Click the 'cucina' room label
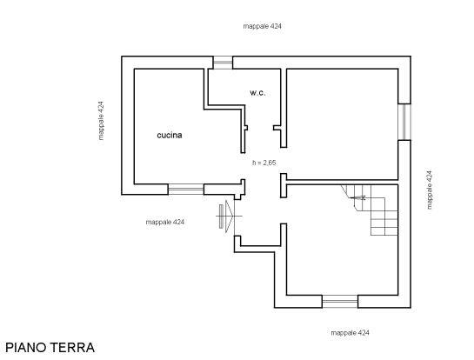[170, 135]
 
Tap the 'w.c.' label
[257, 93]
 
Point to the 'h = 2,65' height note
[264, 163]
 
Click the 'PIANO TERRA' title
[50, 348]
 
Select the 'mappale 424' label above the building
[262, 26]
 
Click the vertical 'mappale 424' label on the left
[101, 121]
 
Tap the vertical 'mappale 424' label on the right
[430, 190]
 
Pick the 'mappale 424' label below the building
[350, 333]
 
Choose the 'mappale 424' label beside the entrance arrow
[164, 222]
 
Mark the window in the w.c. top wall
[223, 63]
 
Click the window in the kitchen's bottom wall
[186, 190]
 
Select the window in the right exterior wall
[404, 122]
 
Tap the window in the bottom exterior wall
[340, 302]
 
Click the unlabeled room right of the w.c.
[342, 124]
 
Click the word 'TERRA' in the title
[72, 348]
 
